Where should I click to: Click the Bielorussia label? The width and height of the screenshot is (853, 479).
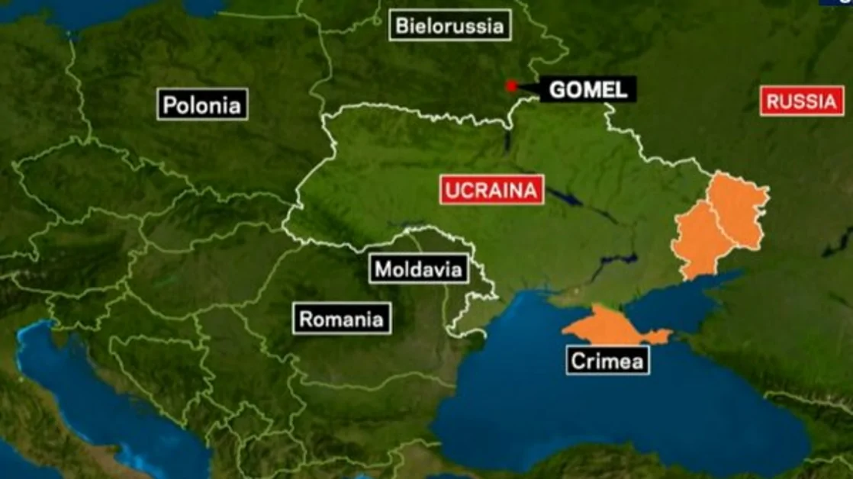450,26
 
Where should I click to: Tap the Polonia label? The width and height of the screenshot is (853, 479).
203,104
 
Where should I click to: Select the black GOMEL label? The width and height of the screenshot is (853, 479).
588,90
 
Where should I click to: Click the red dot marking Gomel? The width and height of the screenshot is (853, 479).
511,86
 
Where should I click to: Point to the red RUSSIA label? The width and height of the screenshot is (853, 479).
802,101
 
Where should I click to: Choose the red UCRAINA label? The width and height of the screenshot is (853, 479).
491,190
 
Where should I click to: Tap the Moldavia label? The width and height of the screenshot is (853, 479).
418,268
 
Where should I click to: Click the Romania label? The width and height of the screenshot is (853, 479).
341,319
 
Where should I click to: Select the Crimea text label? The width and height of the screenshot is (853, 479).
607,360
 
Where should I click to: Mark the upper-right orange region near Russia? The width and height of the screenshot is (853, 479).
737,210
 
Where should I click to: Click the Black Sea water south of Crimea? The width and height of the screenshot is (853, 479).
610,412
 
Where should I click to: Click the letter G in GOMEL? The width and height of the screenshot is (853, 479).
557,90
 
